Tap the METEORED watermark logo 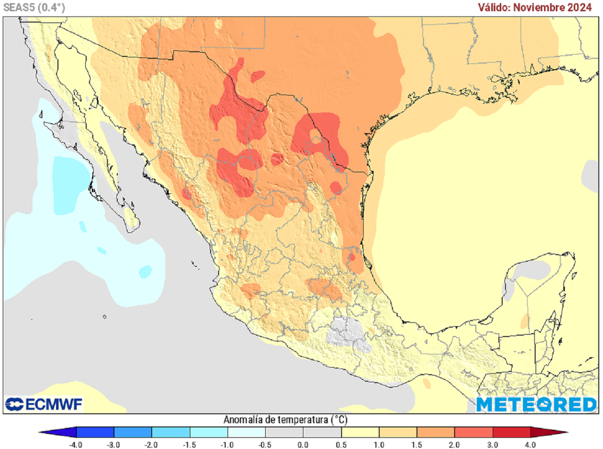tap(536, 404)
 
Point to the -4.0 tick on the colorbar tap(76, 444)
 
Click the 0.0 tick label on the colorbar tap(303, 444)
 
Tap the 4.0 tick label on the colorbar tap(530, 444)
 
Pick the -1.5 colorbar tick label tap(190, 444)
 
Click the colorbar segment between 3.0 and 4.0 tap(511, 432)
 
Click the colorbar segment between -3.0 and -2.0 tap(132, 432)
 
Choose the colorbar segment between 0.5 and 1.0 tap(360, 432)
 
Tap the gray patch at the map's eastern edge tap(591, 175)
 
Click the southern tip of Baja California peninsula tap(134, 227)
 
